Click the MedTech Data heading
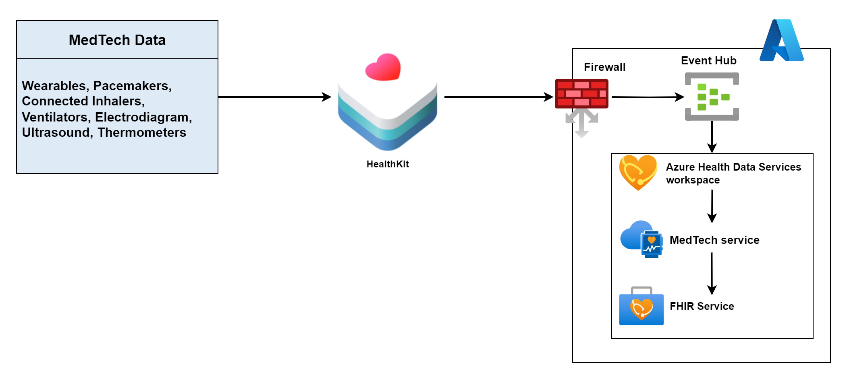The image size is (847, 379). [117, 40]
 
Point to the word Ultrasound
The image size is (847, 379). [56, 132]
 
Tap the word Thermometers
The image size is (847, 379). [142, 132]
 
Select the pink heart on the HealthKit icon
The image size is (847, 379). [383, 67]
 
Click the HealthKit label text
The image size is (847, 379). [388, 164]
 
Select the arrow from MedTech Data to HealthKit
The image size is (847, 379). [274, 97]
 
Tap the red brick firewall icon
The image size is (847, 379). [581, 94]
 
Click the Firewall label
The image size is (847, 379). [604, 67]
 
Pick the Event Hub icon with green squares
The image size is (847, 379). [712, 97]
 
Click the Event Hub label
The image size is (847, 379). [708, 61]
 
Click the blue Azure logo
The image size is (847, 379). [781, 41]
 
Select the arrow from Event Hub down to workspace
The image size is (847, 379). [712, 137]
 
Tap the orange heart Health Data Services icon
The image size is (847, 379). [638, 172]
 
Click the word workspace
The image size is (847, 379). [693, 180]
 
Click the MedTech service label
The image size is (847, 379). [714, 240]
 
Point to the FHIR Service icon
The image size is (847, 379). [641, 307]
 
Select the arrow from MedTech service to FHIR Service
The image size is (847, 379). [712, 274]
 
